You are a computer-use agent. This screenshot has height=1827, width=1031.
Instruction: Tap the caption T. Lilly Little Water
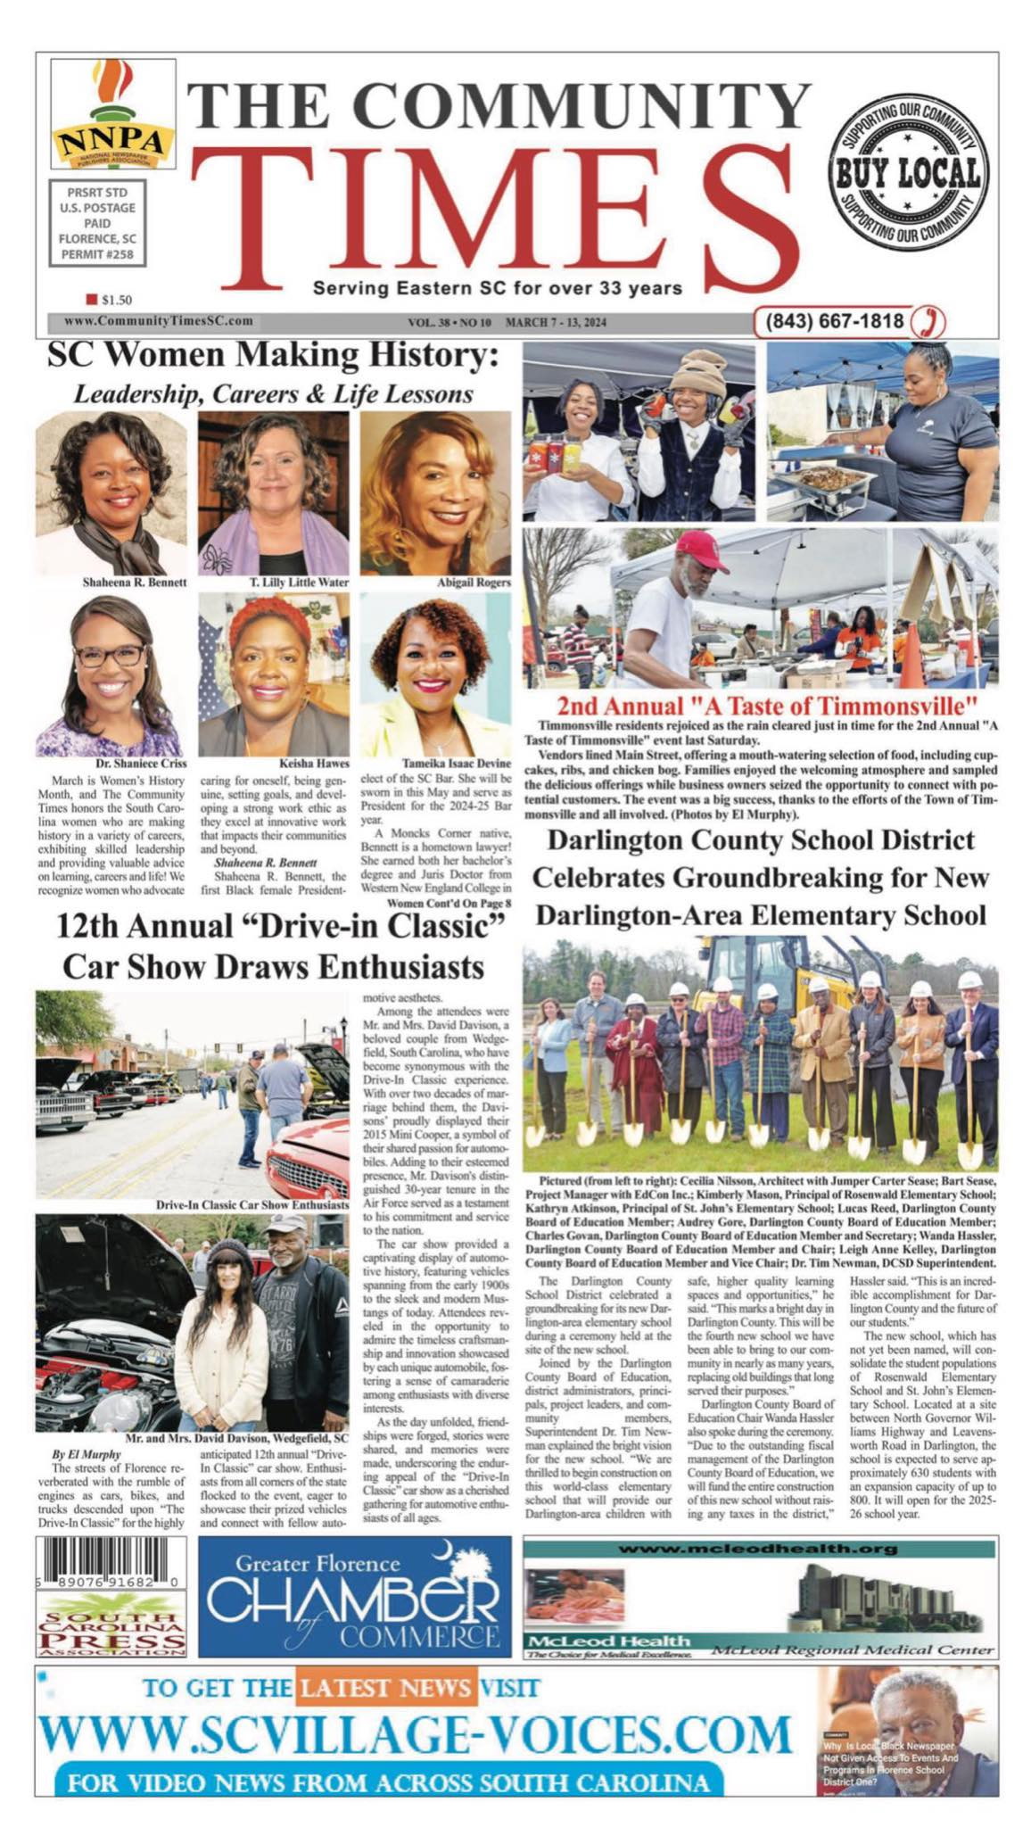tap(299, 583)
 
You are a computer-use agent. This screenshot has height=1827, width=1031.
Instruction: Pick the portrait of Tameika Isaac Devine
tap(435, 674)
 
